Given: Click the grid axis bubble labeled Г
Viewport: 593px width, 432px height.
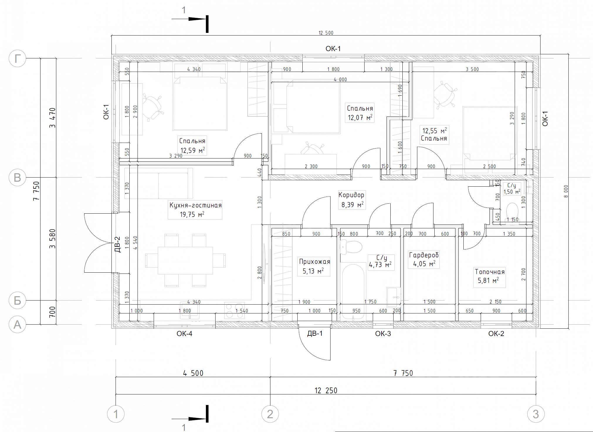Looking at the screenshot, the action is (18, 58).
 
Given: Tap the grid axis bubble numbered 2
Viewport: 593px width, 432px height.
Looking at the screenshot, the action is (270, 414).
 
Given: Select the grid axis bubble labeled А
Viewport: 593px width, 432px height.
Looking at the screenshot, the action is (18, 325).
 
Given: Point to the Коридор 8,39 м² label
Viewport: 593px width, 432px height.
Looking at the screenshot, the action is (352, 200).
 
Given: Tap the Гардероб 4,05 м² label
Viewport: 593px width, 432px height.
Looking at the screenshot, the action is (424, 259).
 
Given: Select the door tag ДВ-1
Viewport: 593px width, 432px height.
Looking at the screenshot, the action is (315, 333).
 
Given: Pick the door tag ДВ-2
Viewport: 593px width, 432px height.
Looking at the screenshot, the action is (117, 244).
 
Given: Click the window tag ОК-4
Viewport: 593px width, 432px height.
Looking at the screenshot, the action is (184, 334).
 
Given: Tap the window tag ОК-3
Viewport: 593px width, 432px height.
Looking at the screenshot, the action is (383, 334).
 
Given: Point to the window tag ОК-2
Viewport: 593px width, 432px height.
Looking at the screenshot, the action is (496, 334).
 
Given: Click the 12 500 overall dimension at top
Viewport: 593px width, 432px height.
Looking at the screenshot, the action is (326, 33).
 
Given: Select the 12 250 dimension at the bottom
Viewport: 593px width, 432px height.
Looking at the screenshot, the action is (326, 391).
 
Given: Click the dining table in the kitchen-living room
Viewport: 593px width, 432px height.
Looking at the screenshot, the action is (185, 261).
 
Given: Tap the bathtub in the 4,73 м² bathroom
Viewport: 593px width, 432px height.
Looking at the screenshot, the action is (353, 292).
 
